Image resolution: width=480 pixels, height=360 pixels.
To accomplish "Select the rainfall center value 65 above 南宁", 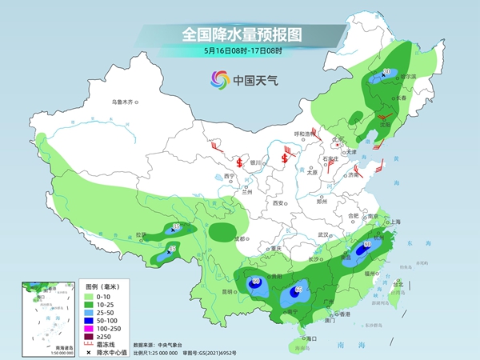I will (x=298, y=290).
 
